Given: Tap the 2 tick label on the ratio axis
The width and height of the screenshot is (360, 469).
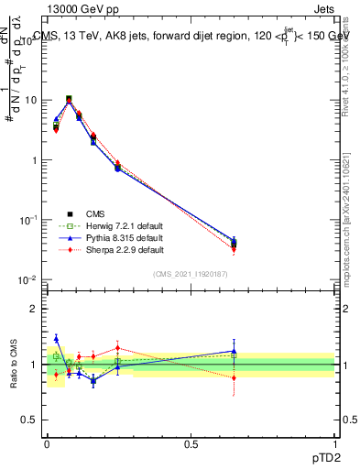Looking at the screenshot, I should coord(35,309).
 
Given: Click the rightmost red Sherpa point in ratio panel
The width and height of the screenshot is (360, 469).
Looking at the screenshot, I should coord(234,377).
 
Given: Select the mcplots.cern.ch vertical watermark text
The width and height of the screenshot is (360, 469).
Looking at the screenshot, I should coord(348,229).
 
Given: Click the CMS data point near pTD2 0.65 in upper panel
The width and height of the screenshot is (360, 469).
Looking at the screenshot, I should coord(234,243).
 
